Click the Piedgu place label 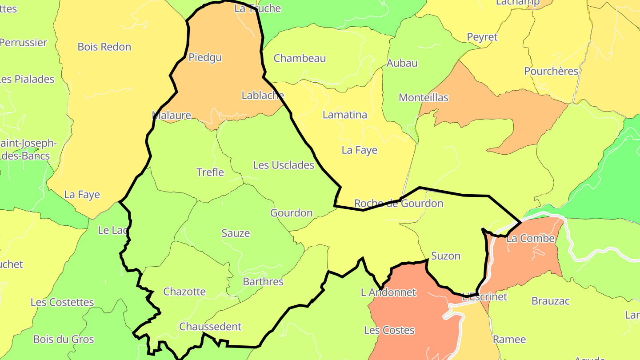205,57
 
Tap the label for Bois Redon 104,47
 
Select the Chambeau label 300,58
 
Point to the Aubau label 402,63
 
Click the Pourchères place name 551,71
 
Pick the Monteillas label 424,97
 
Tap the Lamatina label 345,115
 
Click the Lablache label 263,95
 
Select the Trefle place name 210,172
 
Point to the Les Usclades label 284,165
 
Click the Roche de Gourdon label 399,204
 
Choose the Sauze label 236,233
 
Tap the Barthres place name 263,281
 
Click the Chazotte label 184,292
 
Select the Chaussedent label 210,326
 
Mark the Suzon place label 446,256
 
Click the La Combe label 531,238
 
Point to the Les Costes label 389,330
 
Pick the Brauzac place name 551,301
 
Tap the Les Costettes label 62,302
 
